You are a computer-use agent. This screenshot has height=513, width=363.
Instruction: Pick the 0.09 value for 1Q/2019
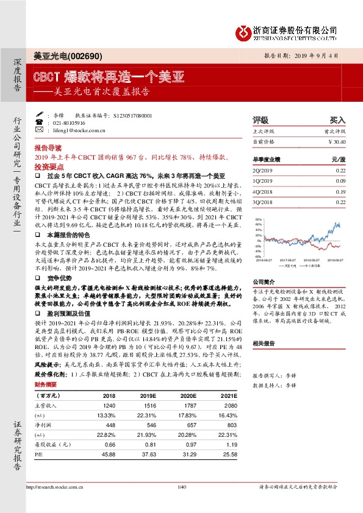(x=340, y=180)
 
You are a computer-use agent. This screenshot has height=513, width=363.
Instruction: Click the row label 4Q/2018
(x=262, y=191)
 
